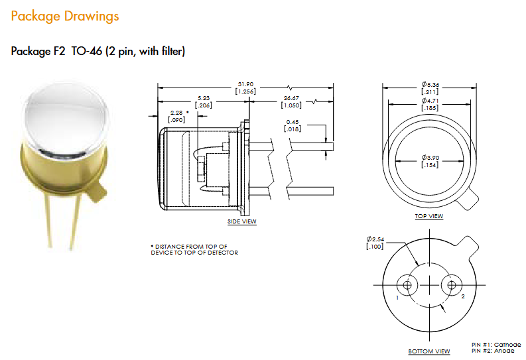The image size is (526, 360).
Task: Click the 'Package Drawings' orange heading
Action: pyautogui.click(x=65, y=16)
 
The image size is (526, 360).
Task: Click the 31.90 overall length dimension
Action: pyautogui.click(x=245, y=88)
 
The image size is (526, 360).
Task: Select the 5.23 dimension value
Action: pyautogui.click(x=203, y=101)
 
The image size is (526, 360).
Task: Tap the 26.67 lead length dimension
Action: pyautogui.click(x=291, y=101)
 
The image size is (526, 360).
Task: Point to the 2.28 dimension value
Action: pyautogui.click(x=177, y=116)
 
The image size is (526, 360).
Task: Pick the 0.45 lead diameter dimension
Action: pyautogui.click(x=293, y=125)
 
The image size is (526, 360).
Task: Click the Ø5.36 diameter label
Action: pyautogui.click(x=430, y=88)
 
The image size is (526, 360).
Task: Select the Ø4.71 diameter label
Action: pyautogui.click(x=430, y=104)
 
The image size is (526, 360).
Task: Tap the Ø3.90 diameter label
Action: pyautogui.click(x=430, y=161)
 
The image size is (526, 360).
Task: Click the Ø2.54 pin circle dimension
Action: pyautogui.click(x=375, y=243)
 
